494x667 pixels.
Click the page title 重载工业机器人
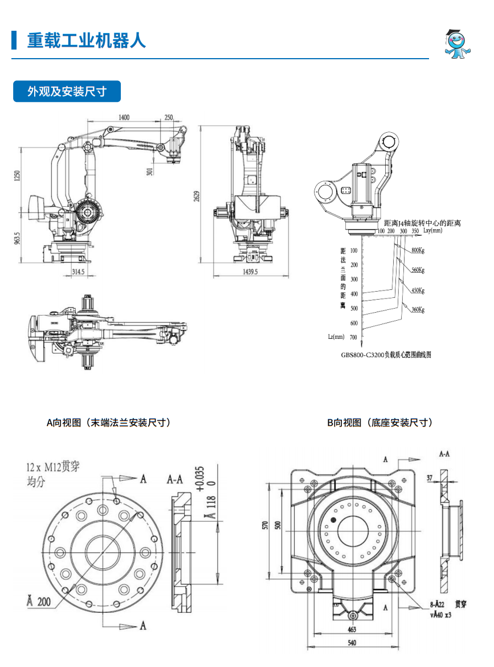pos(87,40)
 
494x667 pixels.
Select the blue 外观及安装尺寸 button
pos(67,91)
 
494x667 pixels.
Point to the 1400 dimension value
pos(124,117)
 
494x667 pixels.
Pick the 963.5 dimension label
pos(18,238)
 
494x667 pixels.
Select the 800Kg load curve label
pos(418,251)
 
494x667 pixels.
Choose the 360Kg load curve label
pos(418,309)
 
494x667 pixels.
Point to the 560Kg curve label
pos(418,269)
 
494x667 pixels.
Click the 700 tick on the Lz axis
pos(353,337)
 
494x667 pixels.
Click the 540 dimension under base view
pos(352,643)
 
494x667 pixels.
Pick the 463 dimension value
pos(352,629)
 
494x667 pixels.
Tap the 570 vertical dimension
pos(266,524)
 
